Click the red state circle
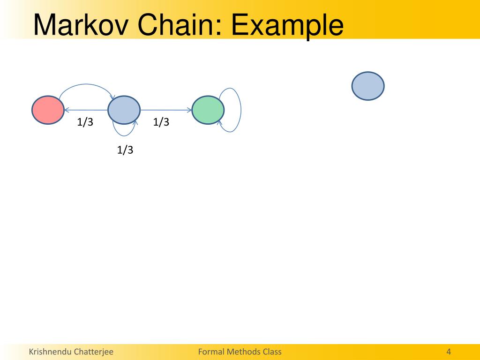click(x=48, y=110)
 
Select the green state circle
click(x=208, y=110)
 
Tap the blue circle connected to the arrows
click(x=124, y=110)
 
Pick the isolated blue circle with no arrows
click(x=368, y=86)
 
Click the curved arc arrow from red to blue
click(x=84, y=85)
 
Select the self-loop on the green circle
click(x=240, y=110)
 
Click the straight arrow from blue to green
click(x=166, y=110)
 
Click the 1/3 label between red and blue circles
click(x=85, y=122)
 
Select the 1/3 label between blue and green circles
click(x=161, y=122)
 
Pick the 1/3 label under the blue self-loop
click(x=125, y=150)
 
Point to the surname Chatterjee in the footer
click(x=93, y=352)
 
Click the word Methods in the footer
click(x=243, y=352)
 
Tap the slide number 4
click(x=449, y=352)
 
